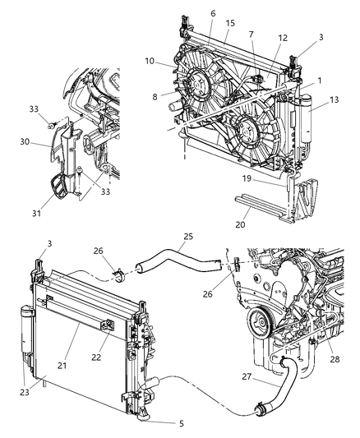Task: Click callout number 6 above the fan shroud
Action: (x=212, y=13)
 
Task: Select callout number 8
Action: (x=177, y=95)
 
